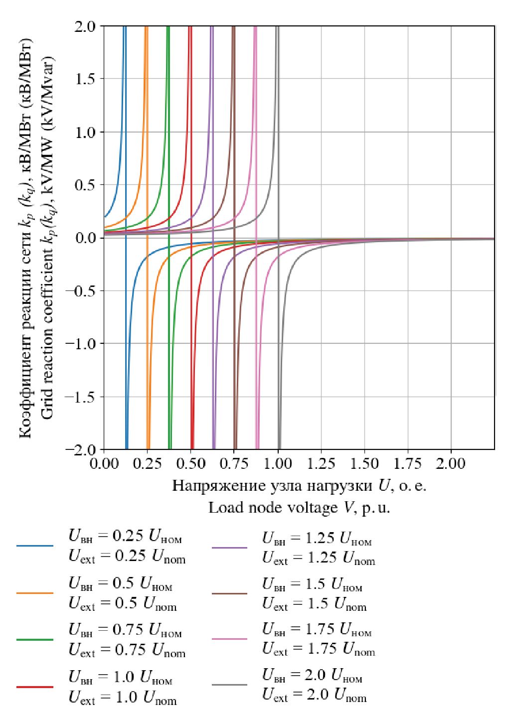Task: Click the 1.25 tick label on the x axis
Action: click(321, 464)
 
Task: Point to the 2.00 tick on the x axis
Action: click(451, 464)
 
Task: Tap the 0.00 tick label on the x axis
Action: click(104, 464)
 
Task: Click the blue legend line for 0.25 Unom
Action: click(34, 546)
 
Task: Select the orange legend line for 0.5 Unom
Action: click(34, 593)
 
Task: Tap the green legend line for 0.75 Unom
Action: click(34, 639)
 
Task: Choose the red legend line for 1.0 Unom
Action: click(34, 687)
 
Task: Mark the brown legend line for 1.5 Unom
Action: click(229, 594)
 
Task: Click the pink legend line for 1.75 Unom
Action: click(229, 639)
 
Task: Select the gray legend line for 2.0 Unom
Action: click(229, 685)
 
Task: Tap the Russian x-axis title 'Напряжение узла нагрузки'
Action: click(299, 485)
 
